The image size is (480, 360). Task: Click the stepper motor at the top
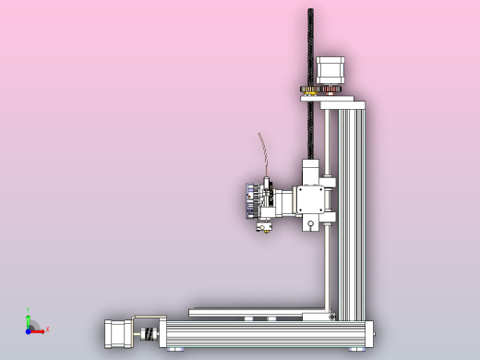pos(330,70)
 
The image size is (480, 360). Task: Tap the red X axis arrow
pos(40,329)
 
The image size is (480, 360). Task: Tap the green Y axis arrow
pos(29,318)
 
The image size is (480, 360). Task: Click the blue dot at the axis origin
pos(29,329)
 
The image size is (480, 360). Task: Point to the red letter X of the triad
pos(47,329)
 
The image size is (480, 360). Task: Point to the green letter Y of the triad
pos(28,310)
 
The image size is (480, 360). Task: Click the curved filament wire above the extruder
pos(262,152)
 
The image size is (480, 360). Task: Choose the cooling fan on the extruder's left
pos(248,200)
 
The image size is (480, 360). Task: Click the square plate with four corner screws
pos(309,199)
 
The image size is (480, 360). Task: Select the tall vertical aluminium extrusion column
pos(352,212)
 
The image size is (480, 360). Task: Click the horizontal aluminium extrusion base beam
pos(268,333)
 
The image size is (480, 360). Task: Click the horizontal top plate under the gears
pos(342,102)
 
